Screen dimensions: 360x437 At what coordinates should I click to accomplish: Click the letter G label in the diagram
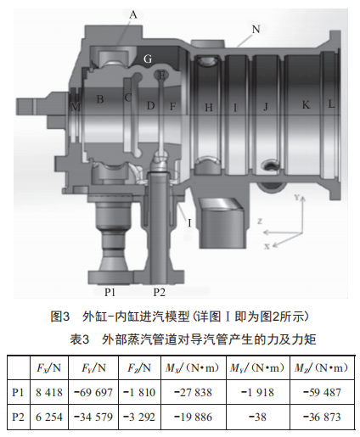(148, 59)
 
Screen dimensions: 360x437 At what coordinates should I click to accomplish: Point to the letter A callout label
(133, 14)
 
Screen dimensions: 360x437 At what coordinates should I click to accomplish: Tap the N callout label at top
(256, 29)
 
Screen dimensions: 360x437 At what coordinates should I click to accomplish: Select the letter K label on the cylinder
(306, 105)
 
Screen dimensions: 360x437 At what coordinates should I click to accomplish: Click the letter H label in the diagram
(209, 108)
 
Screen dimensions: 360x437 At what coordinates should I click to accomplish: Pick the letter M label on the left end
(76, 107)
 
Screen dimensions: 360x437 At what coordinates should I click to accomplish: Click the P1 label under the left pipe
(110, 292)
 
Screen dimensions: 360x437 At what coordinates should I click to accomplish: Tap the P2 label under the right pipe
(160, 292)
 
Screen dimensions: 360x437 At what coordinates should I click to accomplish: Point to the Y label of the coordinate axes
(296, 197)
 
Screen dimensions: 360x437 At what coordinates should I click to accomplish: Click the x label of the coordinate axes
(267, 246)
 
